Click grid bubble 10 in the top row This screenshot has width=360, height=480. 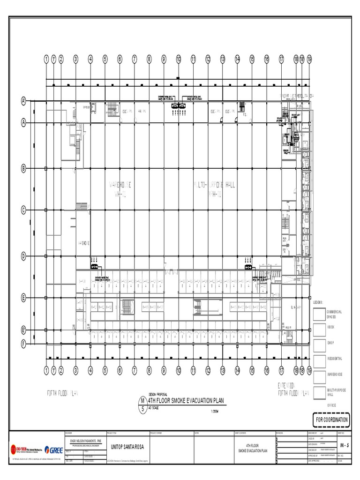[x=179, y=59]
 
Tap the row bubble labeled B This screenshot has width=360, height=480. [x=22, y=168]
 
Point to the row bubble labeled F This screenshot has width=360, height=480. [x=22, y=344]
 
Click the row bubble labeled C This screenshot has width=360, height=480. [x=22, y=210]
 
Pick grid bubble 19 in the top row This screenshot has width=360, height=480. [x=309, y=59]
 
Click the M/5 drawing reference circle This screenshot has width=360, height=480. [x=142, y=404]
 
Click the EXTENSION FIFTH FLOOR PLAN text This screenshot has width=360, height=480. [x=293, y=389]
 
